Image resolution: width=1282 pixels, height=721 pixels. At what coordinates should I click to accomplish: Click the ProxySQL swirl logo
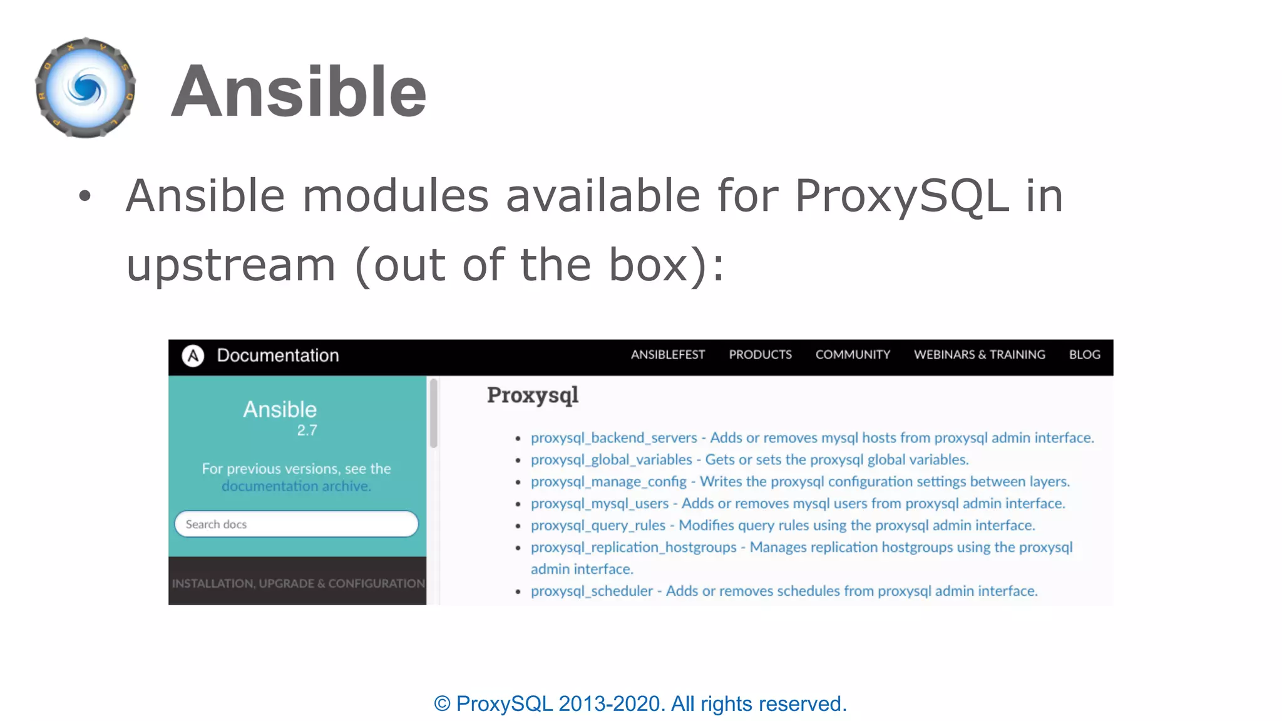tap(86, 88)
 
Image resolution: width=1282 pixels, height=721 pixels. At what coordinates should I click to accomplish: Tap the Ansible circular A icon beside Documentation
tap(193, 355)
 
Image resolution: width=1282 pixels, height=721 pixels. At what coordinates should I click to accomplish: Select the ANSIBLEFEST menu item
tap(667, 355)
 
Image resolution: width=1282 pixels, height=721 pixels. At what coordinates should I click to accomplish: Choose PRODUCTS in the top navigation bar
tap(760, 355)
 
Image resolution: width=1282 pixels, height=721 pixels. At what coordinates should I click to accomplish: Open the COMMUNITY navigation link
tap(853, 355)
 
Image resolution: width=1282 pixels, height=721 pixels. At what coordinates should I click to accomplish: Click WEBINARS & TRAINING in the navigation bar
tap(979, 355)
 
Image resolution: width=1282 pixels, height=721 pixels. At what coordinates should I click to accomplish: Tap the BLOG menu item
tap(1084, 355)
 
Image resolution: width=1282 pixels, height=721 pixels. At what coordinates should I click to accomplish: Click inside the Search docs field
tap(296, 524)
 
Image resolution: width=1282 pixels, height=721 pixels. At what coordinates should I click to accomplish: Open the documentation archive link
tap(296, 486)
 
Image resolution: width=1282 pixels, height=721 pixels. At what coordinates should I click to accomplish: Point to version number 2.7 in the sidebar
tap(307, 431)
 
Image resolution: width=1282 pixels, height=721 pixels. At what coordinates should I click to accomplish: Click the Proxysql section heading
tap(533, 395)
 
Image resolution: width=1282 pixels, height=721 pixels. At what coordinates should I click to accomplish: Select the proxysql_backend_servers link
tap(613, 438)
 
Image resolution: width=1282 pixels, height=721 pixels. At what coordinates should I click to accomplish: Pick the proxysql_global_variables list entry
tap(611, 460)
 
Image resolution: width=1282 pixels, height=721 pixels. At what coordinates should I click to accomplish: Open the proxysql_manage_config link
tap(608, 482)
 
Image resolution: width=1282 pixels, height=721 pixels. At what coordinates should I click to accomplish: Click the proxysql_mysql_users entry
tap(600, 504)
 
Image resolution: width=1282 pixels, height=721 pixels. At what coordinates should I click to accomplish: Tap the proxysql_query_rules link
tap(598, 526)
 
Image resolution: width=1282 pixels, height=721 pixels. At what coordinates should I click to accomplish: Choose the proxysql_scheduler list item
tap(592, 591)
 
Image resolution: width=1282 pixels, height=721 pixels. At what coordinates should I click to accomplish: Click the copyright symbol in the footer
tap(442, 704)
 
